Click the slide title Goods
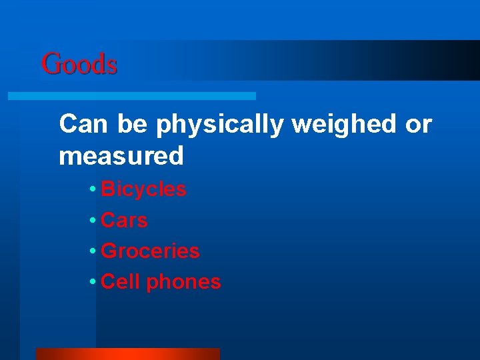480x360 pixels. [x=79, y=65]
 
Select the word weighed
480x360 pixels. [x=340, y=125]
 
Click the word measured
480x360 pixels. [x=121, y=156]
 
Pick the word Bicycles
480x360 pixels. [x=143, y=189]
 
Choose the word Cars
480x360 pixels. [x=124, y=220]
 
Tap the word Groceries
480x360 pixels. [x=150, y=251]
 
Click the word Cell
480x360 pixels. [x=121, y=281]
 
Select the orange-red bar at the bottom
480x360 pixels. [x=127, y=354]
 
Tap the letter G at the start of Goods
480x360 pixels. [x=50, y=65]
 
